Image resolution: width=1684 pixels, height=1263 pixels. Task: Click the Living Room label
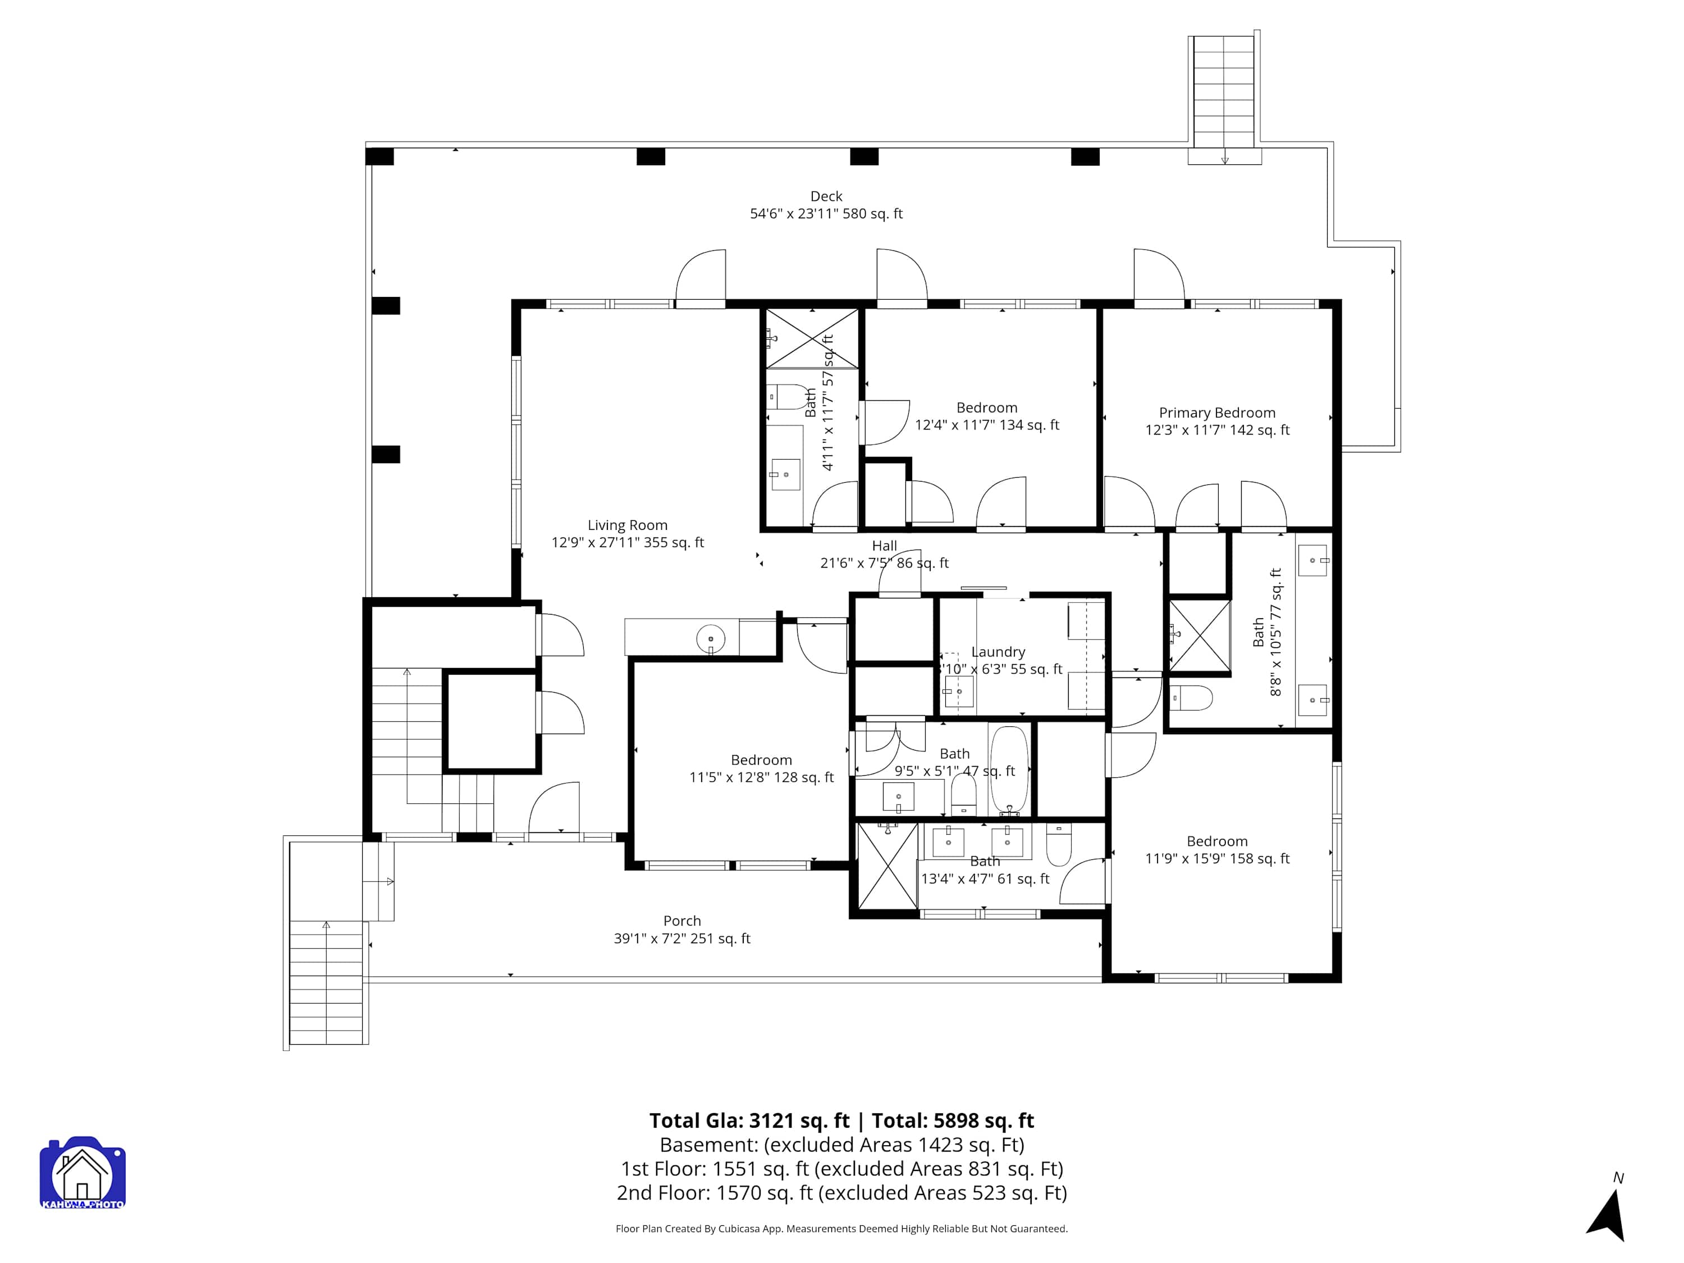[x=628, y=525]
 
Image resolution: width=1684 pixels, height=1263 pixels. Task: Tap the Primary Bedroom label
[x=1218, y=413]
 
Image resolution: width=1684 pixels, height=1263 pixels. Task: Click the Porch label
[x=682, y=921]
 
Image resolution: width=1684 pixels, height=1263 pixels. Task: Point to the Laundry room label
[x=998, y=652]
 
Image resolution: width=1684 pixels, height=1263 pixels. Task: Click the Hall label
[x=885, y=546]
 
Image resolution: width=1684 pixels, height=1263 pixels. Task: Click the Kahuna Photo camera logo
[x=82, y=1173]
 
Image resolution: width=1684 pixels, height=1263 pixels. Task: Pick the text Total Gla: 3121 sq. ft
[x=749, y=1120]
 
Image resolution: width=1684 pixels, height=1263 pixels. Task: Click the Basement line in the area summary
[x=842, y=1145]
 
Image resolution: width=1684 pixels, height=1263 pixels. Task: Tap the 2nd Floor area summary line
[x=842, y=1193]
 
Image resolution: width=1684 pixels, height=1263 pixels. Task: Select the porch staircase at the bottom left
[x=327, y=983]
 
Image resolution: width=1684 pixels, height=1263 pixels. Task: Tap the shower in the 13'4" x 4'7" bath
[x=887, y=866]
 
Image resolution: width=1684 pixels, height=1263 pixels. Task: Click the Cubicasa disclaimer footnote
[x=842, y=1229]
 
